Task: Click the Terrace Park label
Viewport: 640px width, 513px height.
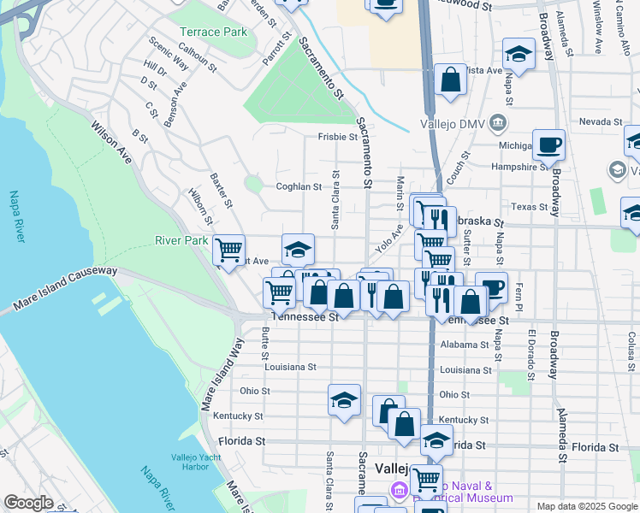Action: (x=213, y=32)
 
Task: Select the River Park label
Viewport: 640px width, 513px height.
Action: (x=181, y=240)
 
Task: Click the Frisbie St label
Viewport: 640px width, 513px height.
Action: (x=337, y=137)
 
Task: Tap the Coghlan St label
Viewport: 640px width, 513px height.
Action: (x=298, y=186)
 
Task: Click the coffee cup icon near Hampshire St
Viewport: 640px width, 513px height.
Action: (x=548, y=144)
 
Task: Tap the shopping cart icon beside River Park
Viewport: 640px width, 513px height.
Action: (x=228, y=250)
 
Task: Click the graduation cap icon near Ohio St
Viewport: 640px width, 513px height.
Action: (x=344, y=399)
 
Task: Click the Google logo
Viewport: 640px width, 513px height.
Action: (x=28, y=503)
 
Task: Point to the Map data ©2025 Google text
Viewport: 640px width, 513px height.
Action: (x=586, y=506)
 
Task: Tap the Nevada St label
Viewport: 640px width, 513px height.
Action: (x=598, y=122)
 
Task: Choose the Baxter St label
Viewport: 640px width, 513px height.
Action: (x=221, y=190)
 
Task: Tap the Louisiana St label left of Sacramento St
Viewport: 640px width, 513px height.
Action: (x=290, y=367)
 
